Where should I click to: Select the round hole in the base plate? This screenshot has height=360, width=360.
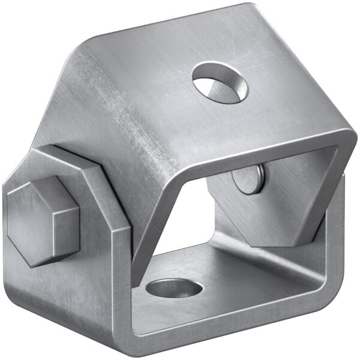point(174,289)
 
